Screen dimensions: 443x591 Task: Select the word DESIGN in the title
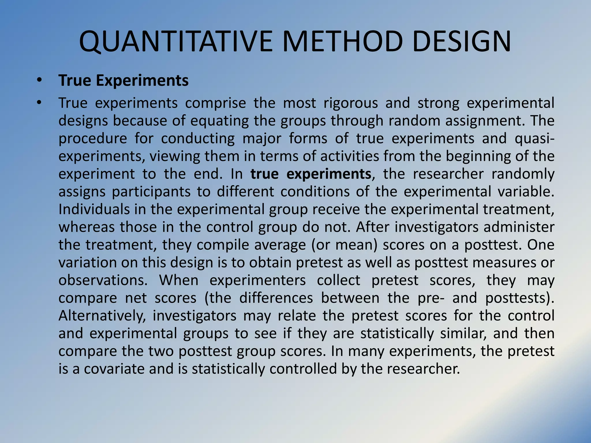pyautogui.click(x=462, y=42)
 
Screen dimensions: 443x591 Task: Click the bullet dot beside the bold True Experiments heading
pyautogui.click(x=40, y=80)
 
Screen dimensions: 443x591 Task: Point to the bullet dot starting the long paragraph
pyautogui.click(x=40, y=103)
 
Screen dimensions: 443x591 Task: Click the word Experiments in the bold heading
pyautogui.click(x=142, y=80)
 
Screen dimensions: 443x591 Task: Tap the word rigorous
pyautogui.click(x=350, y=103)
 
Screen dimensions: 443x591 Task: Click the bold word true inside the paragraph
pyautogui.click(x=264, y=174)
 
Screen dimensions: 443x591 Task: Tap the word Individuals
pyautogui.click(x=94, y=209)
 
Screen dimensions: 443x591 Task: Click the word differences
pyautogui.click(x=276, y=298)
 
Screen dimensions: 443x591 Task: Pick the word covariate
pyautogui.click(x=114, y=369)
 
